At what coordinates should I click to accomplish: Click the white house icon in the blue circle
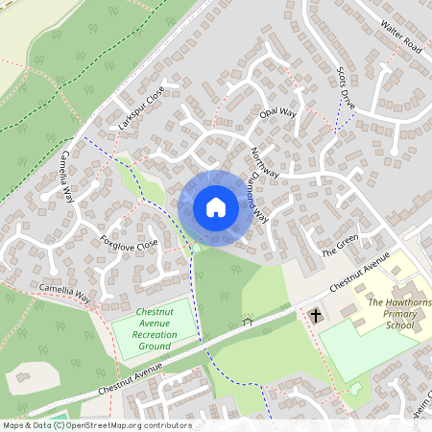(216, 206)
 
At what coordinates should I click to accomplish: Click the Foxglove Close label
(129, 245)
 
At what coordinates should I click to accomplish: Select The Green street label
(339, 251)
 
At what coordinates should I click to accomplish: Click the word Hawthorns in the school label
(406, 302)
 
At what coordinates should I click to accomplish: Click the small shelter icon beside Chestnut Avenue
(248, 322)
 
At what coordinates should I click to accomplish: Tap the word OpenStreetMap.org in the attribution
(100, 424)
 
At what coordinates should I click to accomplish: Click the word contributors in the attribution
(163, 424)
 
